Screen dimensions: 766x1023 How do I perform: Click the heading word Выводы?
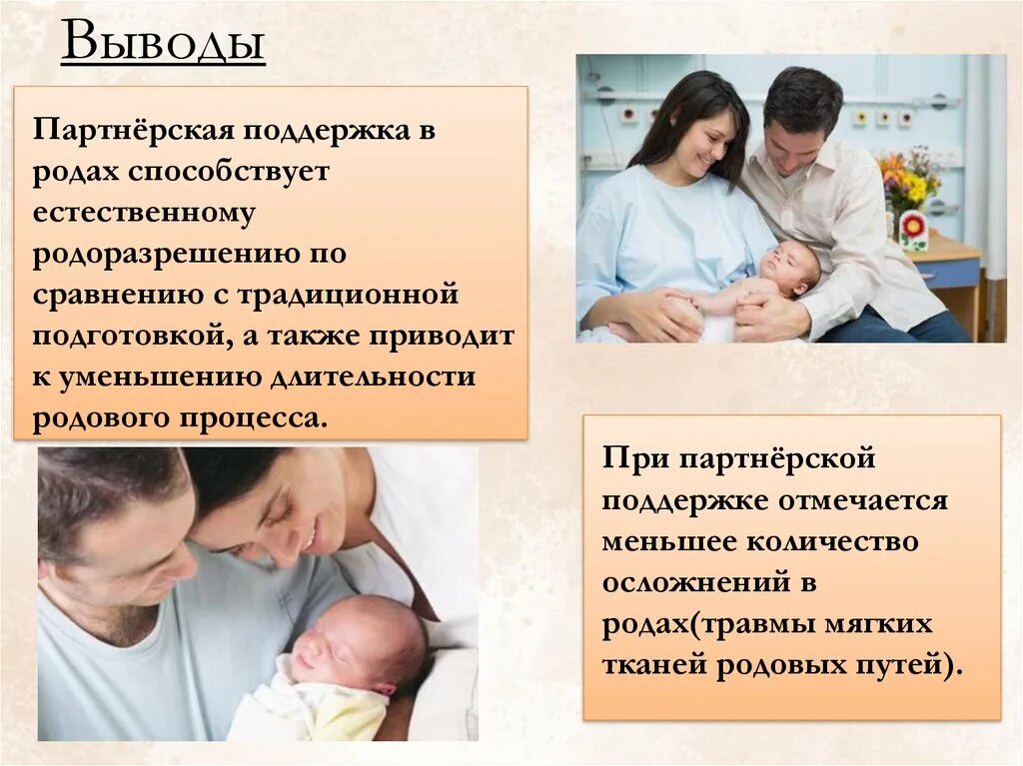(x=163, y=45)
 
